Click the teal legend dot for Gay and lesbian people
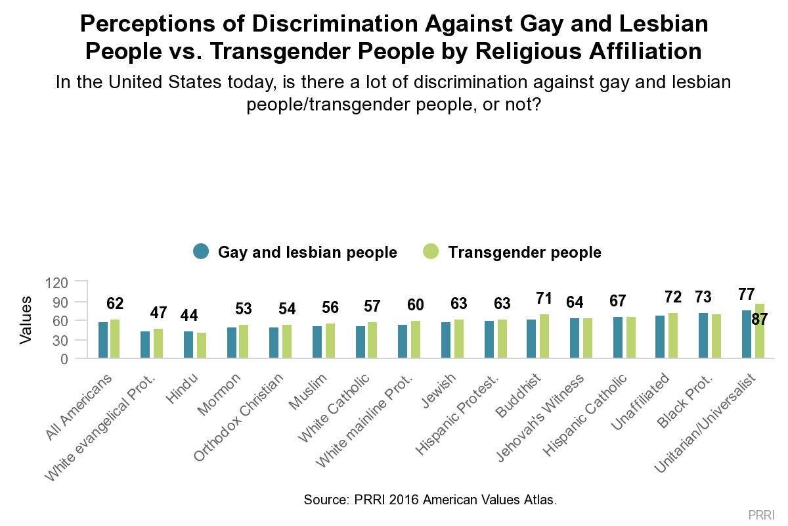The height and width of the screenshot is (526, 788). click(201, 252)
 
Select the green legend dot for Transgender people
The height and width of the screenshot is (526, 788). click(431, 252)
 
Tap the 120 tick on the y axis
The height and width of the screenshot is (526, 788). click(57, 283)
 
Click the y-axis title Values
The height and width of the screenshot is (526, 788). click(26, 320)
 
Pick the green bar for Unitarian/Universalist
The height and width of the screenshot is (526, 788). click(760, 331)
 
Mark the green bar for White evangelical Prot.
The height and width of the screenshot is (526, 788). click(158, 344)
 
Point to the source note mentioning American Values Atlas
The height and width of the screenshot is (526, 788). click(429, 500)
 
